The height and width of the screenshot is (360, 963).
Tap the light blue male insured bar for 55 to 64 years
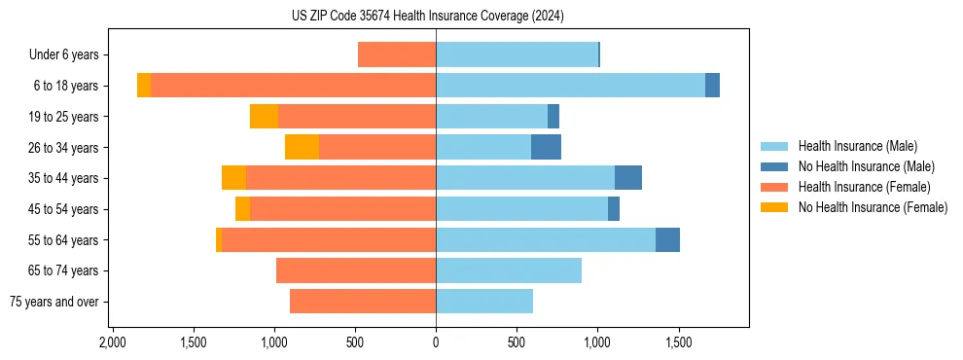tap(545, 239)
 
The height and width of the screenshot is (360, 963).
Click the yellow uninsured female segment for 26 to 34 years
tap(302, 147)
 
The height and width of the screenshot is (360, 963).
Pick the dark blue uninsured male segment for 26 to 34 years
tap(546, 147)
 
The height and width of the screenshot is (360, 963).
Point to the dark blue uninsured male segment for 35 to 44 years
tap(627, 178)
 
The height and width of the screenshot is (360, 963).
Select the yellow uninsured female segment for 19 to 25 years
tap(264, 117)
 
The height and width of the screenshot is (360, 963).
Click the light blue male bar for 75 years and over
tap(484, 302)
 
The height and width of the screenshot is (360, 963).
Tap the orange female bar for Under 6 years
tap(397, 54)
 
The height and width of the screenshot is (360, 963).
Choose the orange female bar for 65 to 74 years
tap(356, 270)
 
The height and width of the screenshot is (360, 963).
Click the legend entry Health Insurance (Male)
tap(857, 146)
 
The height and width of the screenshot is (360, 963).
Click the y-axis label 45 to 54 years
tap(63, 209)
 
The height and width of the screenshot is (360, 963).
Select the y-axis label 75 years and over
tap(53, 302)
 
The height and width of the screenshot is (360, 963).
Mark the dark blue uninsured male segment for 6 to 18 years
tap(712, 86)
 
